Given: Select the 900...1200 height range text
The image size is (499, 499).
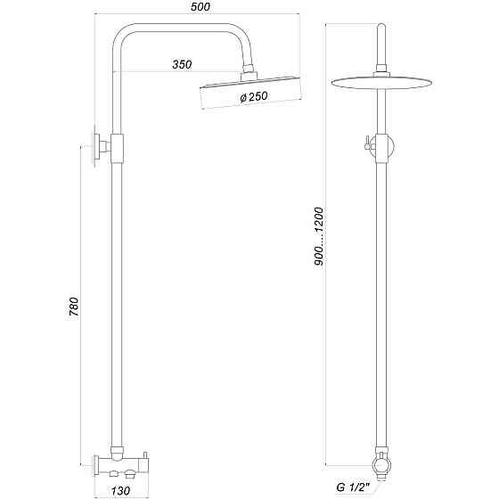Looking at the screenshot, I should click(319, 234).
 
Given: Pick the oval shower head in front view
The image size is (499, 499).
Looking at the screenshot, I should click(381, 84).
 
